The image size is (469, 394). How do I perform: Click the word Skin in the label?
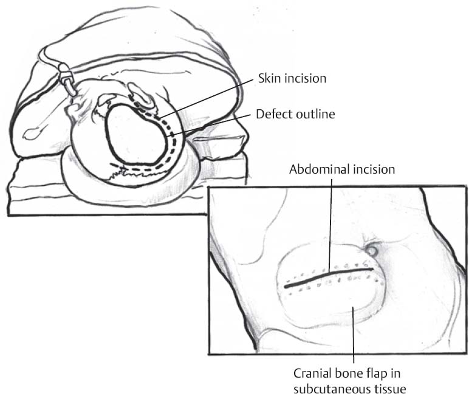click(270, 78)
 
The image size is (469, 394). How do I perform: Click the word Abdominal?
click(320, 169)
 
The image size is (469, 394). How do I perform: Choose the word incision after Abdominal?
click(374, 169)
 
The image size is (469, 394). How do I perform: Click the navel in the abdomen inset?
click(372, 251)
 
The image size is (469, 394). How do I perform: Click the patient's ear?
click(140, 97)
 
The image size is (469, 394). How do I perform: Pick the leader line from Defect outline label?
click(208, 126)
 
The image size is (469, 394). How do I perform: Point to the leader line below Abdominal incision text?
click(331, 226)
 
